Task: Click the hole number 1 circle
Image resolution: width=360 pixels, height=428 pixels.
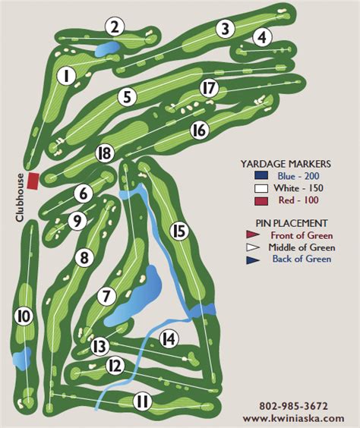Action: tap(66, 76)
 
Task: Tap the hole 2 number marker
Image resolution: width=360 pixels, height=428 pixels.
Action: tap(115, 27)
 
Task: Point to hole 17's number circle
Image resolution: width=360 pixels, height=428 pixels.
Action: tap(209, 88)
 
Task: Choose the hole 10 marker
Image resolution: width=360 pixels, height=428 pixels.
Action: tap(24, 315)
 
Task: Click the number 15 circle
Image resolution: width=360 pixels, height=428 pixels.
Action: tap(178, 230)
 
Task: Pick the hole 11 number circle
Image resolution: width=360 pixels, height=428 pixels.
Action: tap(142, 401)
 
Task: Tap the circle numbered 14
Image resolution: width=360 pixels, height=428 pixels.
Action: tap(169, 338)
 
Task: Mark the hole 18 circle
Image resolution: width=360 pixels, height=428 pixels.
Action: tap(105, 155)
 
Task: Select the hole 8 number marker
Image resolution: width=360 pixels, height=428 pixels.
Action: tap(84, 258)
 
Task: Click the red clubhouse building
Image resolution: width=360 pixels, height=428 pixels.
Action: tap(33, 181)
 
